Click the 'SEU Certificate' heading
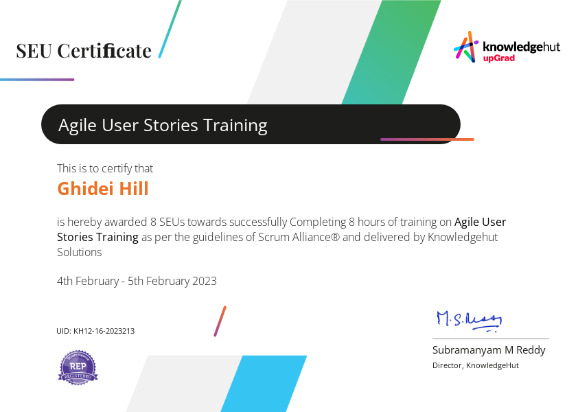coord(84,51)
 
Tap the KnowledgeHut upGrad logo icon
coord(465,47)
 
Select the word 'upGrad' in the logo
coord(499,58)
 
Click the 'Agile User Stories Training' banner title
coord(163,125)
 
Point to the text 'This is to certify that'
coord(105,168)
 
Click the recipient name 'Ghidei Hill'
coord(103,189)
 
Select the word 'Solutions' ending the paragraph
coord(80,252)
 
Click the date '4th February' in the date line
coord(90,281)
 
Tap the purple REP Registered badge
coord(78,367)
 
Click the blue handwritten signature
coord(469,319)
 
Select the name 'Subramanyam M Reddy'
coord(489,350)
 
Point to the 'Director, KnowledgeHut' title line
coord(476,365)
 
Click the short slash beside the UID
coord(220,321)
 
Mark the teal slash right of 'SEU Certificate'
coord(170,29)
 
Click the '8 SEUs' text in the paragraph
coord(167,222)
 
